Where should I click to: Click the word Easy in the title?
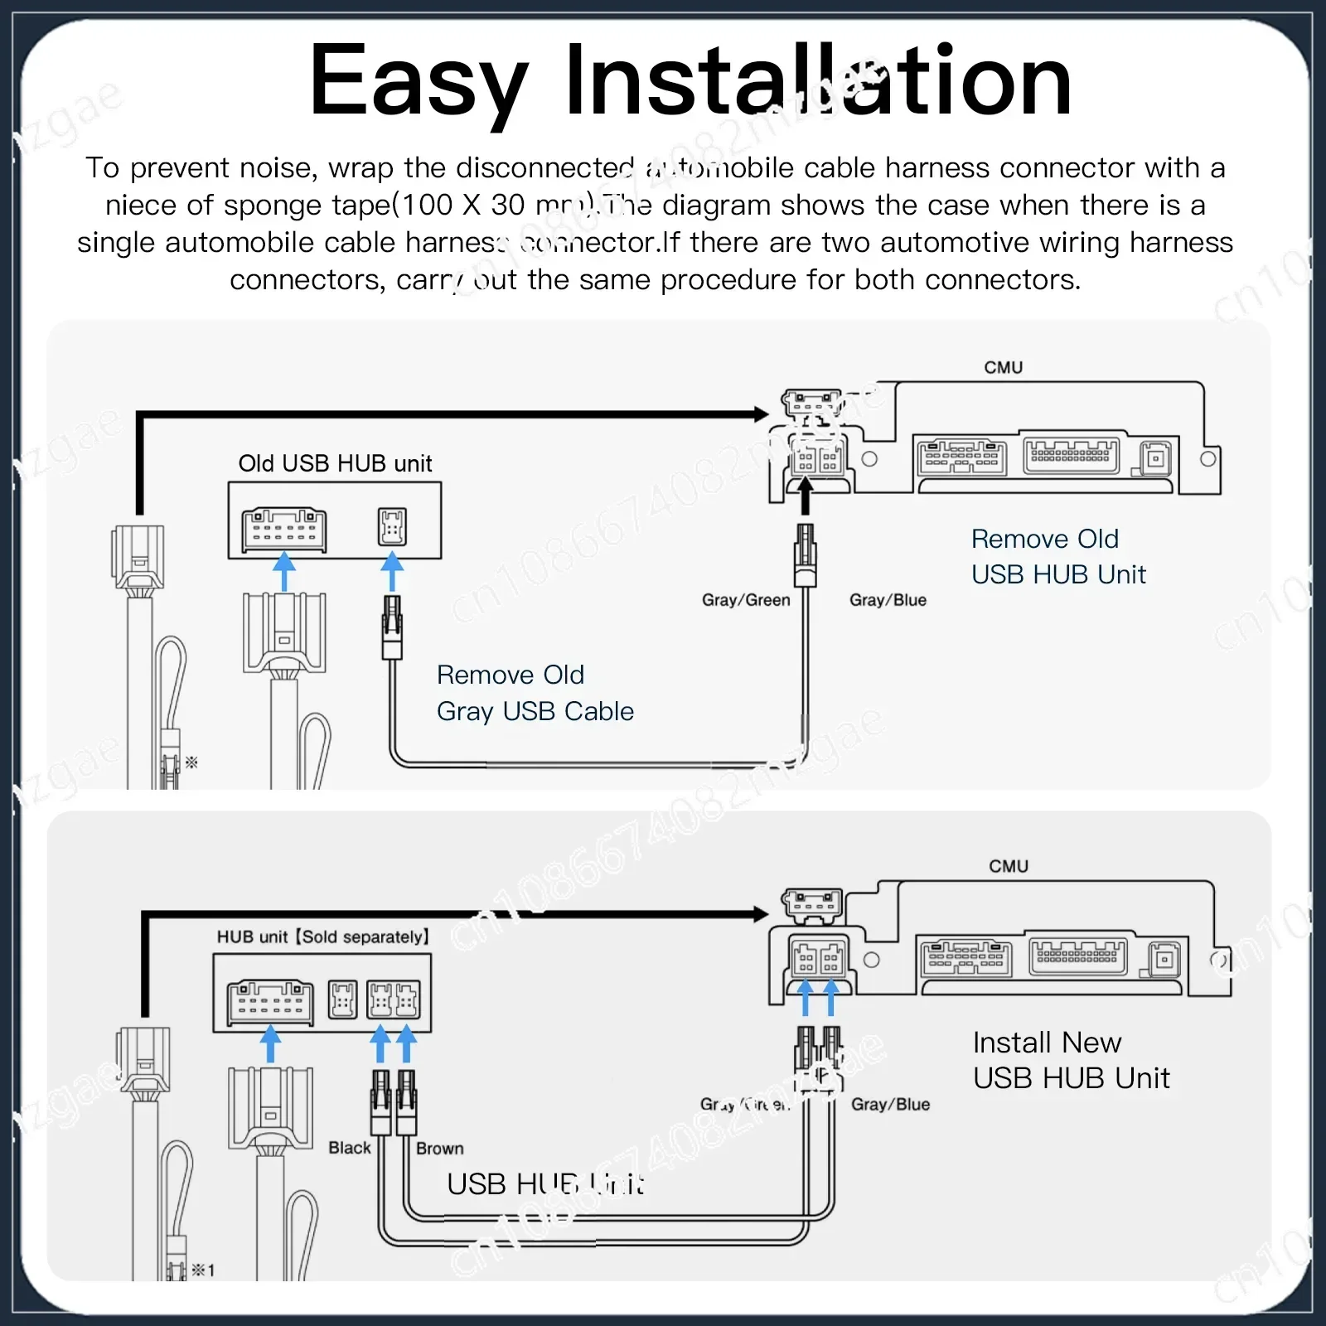coord(419,81)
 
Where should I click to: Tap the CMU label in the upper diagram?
coord(1003,367)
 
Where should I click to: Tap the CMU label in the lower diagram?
coord(1008,866)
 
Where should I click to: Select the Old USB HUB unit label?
coord(335,463)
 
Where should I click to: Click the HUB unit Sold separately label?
coord(323,936)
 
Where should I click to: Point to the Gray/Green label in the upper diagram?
coord(746,600)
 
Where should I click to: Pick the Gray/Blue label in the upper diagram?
coord(888,600)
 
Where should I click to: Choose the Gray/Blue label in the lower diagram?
coord(890,1104)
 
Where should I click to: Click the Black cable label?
coord(350,1148)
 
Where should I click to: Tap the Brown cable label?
coord(440,1149)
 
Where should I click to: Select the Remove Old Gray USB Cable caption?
coord(535,693)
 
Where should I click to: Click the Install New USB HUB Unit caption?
coord(1071,1060)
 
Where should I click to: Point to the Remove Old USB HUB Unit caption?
coord(1058,556)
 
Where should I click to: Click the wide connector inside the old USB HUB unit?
coord(283,530)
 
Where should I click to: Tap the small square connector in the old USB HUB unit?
coord(392,527)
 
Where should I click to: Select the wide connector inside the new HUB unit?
coord(270,1000)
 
